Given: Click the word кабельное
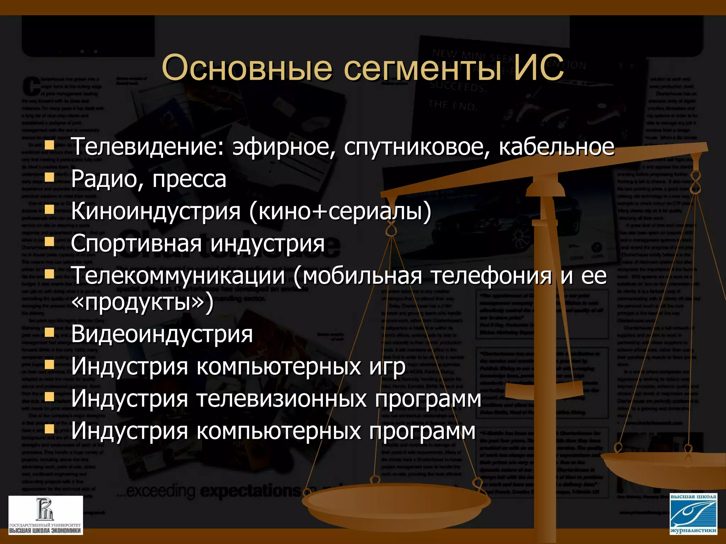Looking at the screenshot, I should pyautogui.click(x=557, y=146).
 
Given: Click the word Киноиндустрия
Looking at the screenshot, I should pyautogui.click(x=156, y=211).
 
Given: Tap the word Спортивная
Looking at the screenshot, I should pyautogui.click(x=136, y=244).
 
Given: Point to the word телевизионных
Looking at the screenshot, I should pyautogui.click(x=281, y=398).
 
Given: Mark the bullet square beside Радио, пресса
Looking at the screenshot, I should pyautogui.click(x=49, y=177).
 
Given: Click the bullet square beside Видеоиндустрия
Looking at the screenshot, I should pyautogui.click(x=49, y=332).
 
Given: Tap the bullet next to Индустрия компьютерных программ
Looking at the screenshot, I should pyautogui.click(x=49, y=429).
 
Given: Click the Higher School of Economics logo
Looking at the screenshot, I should pyautogui.click(x=46, y=515).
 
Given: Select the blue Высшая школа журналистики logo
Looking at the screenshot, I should pyautogui.click(x=693, y=514).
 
